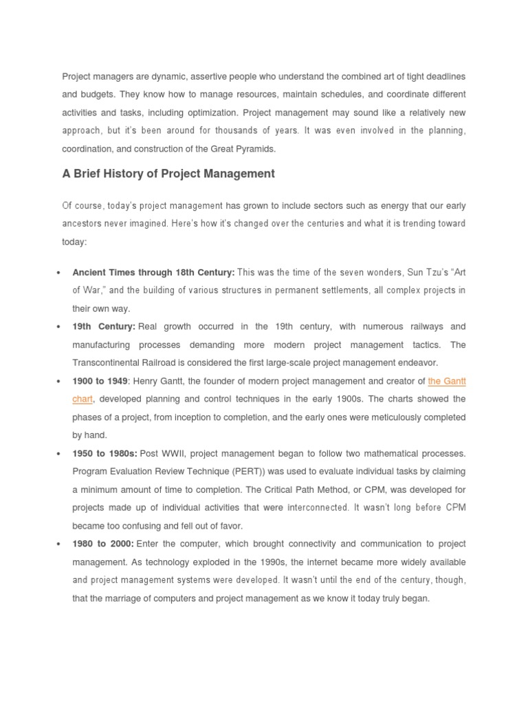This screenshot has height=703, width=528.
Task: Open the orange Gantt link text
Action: click(x=446, y=381)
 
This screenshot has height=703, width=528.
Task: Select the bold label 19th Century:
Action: click(x=103, y=327)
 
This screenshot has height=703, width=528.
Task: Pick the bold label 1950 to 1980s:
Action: click(x=104, y=454)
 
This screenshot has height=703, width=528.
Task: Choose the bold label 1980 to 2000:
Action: click(x=103, y=544)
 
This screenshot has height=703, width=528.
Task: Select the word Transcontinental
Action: click(x=109, y=362)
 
